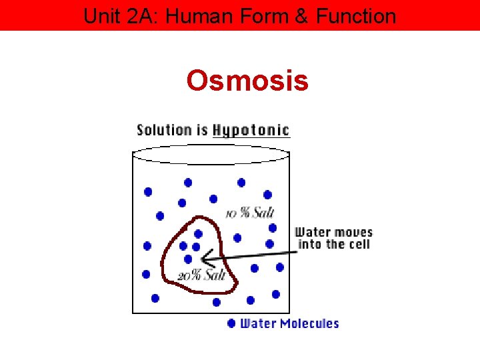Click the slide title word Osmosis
tap(247, 81)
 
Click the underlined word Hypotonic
tap(251, 130)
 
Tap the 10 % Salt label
tap(250, 213)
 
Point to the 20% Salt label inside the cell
tap(201, 275)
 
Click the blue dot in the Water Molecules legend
tap(231, 323)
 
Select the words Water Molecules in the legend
tap(289, 323)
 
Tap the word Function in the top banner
tap(357, 15)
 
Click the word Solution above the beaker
tap(163, 129)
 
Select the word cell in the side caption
tap(358, 245)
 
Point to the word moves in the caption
tap(353, 233)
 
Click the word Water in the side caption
tap(312, 233)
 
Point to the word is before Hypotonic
tap(201, 129)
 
